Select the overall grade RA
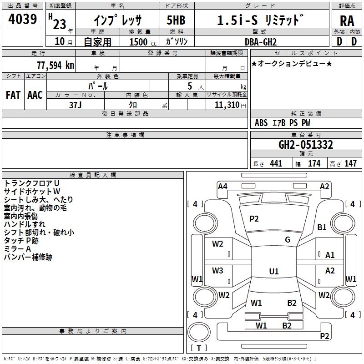pyautogui.click(x=347, y=21)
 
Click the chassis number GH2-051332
pyautogui.click(x=306, y=145)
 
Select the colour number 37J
pyautogui.click(x=76, y=104)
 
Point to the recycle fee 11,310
pyautogui.click(x=227, y=105)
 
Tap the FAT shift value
pyautogui.click(x=13, y=95)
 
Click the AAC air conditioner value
pyautogui.click(x=35, y=95)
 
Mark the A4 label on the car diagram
pyautogui.click(x=222, y=186)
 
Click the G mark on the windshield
pyautogui.click(x=288, y=240)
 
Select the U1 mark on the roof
pyautogui.click(x=274, y=271)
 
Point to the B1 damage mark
pyautogui.click(x=322, y=227)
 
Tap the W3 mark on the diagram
pyautogui.click(x=217, y=271)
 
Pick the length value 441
pyautogui.click(x=276, y=163)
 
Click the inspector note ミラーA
pyautogui.click(x=17, y=249)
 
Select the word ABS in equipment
pyautogui.click(x=261, y=123)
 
